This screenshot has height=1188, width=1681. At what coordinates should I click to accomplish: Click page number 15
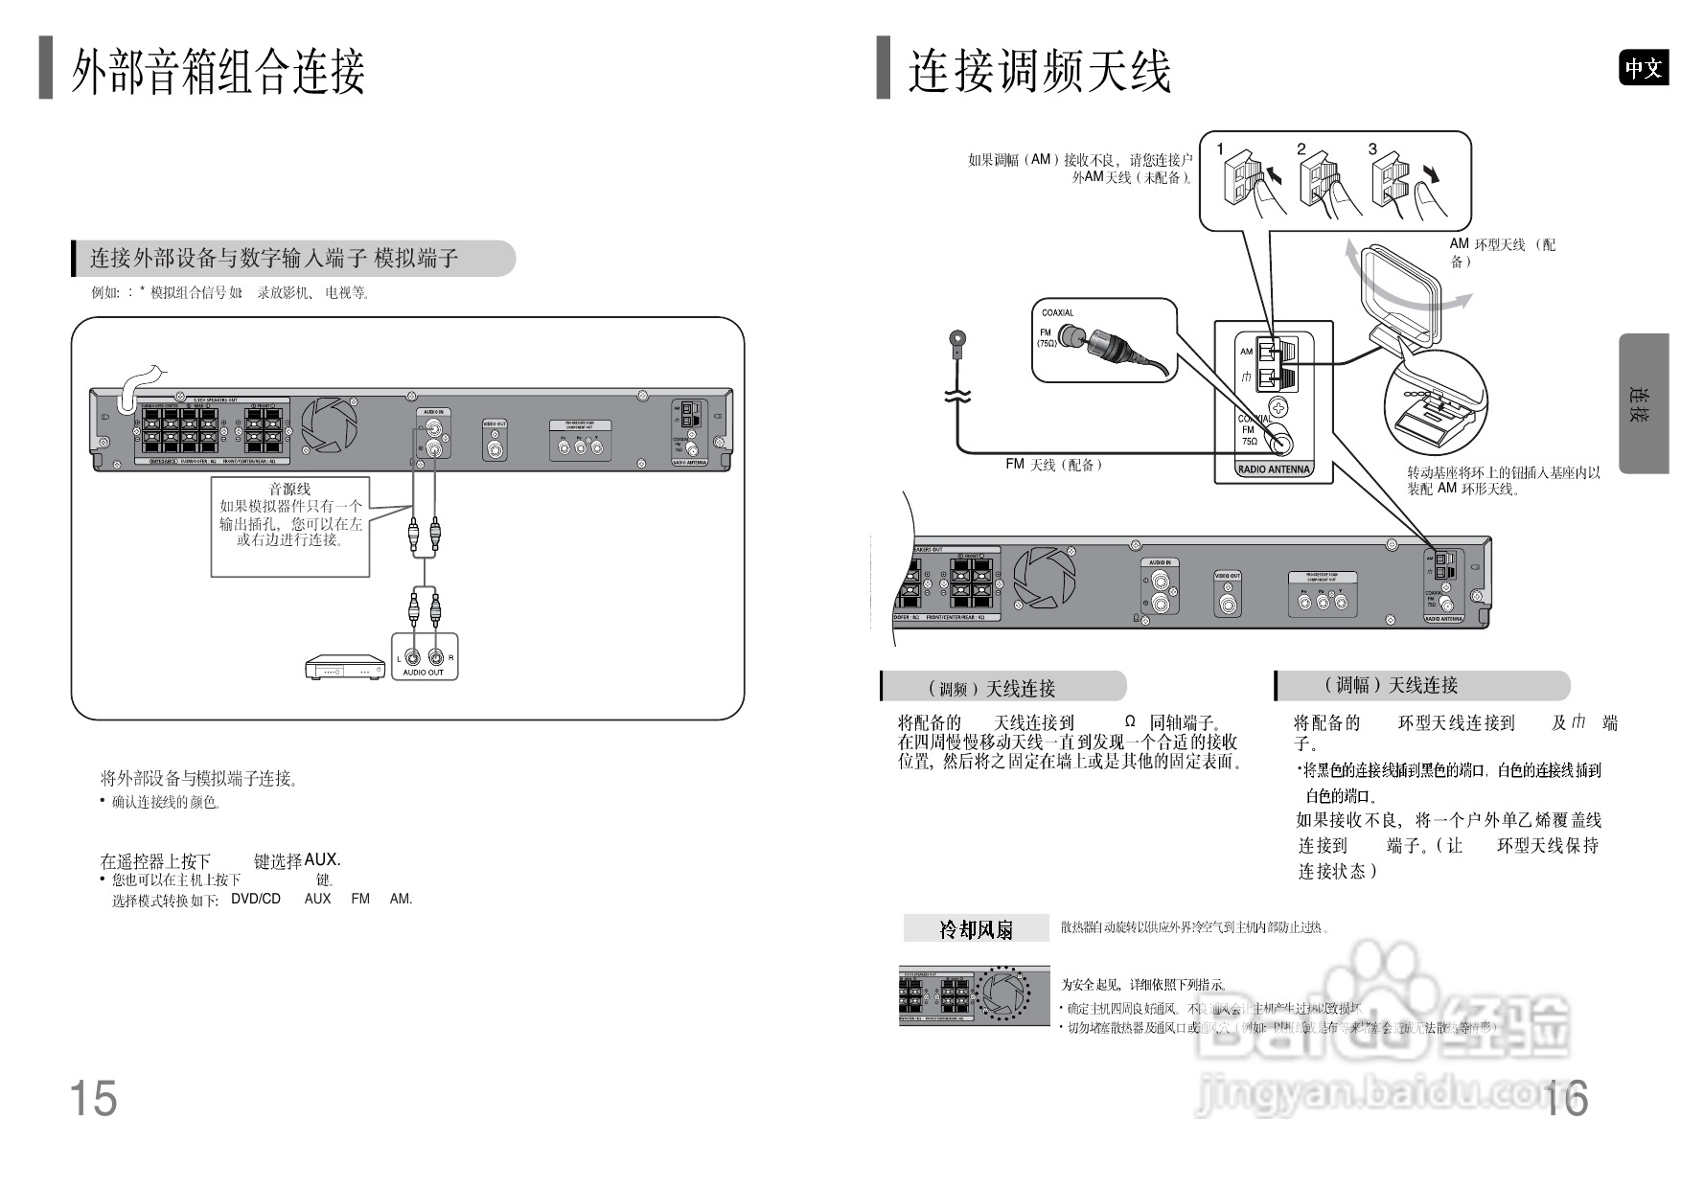[x=93, y=1098]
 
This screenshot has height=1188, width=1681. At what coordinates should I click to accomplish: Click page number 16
[x=1565, y=1098]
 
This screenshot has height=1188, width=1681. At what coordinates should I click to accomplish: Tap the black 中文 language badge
[x=1644, y=68]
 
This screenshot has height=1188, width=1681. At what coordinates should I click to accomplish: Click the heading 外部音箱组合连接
[x=219, y=71]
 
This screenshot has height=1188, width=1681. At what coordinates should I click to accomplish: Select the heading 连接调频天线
[x=1040, y=71]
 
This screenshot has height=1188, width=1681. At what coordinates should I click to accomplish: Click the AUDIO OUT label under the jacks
[x=423, y=673]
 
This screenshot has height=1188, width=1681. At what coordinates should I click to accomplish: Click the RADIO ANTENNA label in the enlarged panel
[x=1273, y=469]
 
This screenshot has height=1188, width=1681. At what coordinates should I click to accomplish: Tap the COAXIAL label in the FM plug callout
[x=1057, y=313]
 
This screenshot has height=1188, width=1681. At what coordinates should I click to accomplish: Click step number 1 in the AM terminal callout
[x=1220, y=149]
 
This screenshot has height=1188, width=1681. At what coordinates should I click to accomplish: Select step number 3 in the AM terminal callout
[x=1372, y=149]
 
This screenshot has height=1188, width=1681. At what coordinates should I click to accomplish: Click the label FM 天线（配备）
[x=1053, y=465]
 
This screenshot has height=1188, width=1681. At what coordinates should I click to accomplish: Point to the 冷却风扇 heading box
[x=976, y=928]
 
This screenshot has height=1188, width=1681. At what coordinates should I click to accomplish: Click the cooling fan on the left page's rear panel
[x=330, y=426]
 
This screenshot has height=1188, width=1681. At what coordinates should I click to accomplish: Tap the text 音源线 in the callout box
[x=289, y=490]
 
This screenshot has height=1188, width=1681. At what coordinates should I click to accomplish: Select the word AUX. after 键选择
[x=322, y=860]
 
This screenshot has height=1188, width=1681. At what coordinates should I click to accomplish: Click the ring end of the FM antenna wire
[x=956, y=338]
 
